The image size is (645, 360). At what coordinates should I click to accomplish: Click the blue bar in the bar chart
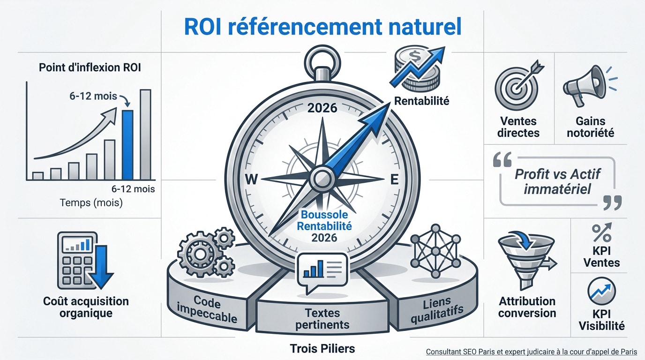[x=127, y=145]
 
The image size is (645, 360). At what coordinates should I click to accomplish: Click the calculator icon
[x=77, y=261]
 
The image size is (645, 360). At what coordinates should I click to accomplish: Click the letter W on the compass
[x=251, y=180]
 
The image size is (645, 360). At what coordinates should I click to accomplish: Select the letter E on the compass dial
[x=395, y=180]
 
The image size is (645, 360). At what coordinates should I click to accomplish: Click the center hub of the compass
[x=322, y=179]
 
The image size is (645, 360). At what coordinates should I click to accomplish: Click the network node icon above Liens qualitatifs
[x=435, y=251]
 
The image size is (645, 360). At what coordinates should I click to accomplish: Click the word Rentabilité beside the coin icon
[x=421, y=101]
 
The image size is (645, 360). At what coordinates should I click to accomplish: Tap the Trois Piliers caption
[x=322, y=348]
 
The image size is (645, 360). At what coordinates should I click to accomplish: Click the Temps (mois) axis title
[x=91, y=203]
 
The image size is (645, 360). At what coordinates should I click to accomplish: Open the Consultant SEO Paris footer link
[x=531, y=352]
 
